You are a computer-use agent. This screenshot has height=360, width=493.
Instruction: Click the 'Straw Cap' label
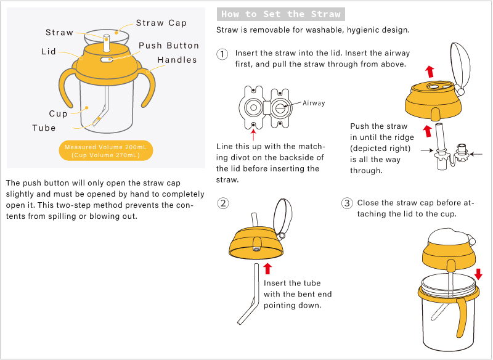pos(161,23)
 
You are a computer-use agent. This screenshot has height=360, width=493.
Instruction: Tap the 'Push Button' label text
pos(169,46)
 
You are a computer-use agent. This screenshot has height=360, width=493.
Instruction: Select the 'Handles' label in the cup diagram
pos(177,60)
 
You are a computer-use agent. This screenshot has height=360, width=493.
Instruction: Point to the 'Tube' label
pos(44,128)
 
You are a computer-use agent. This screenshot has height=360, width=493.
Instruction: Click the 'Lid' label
pos(49,51)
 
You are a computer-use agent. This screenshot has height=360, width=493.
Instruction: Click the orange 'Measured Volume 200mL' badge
pos(105,150)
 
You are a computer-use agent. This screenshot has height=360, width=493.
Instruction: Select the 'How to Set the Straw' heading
pos(281,14)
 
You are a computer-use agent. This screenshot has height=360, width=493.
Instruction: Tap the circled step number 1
pos(222,54)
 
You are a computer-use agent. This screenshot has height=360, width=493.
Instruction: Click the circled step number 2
pos(223,203)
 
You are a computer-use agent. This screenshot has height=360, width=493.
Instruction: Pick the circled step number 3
pos(347,203)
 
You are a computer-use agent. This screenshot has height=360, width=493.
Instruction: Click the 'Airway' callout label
pos(314,103)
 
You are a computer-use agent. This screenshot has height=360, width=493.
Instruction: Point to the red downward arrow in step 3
pos(478,274)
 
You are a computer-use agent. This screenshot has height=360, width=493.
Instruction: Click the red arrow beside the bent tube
pos(267,269)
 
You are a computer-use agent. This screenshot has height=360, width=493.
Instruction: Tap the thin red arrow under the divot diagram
pos(253,134)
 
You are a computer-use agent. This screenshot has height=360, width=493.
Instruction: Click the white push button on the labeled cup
pos(107,59)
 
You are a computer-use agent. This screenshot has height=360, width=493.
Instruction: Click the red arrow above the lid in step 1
pos(430,72)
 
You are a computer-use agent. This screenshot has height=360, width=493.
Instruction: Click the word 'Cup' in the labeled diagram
pos(58,113)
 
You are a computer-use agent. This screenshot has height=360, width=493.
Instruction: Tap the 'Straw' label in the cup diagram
pos(59,33)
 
